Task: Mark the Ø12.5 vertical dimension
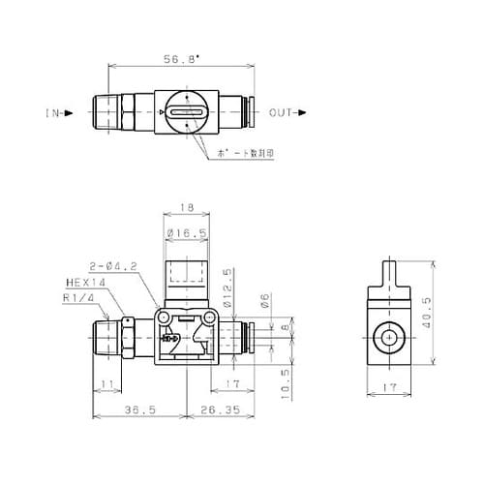227,284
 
